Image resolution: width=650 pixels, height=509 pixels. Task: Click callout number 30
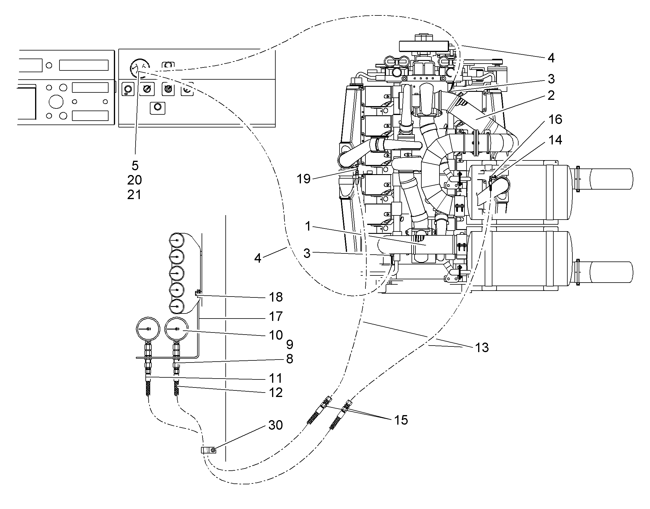(275, 425)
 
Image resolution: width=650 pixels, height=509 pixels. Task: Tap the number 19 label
(304, 179)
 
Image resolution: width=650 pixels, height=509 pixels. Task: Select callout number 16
(555, 119)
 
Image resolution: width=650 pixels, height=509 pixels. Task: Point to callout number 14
(555, 140)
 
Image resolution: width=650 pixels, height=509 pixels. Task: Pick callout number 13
(482, 347)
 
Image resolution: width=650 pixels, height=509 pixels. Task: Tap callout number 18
(276, 297)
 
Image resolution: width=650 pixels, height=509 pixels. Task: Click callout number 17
(276, 316)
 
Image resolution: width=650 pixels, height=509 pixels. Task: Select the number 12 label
(276, 393)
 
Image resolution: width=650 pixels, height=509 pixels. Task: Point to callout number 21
(134, 195)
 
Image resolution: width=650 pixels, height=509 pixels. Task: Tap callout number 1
(308, 226)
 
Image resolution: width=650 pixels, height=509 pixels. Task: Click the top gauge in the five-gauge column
(177, 240)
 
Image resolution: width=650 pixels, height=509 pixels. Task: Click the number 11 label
(276, 379)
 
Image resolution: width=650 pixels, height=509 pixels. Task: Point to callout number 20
(134, 180)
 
